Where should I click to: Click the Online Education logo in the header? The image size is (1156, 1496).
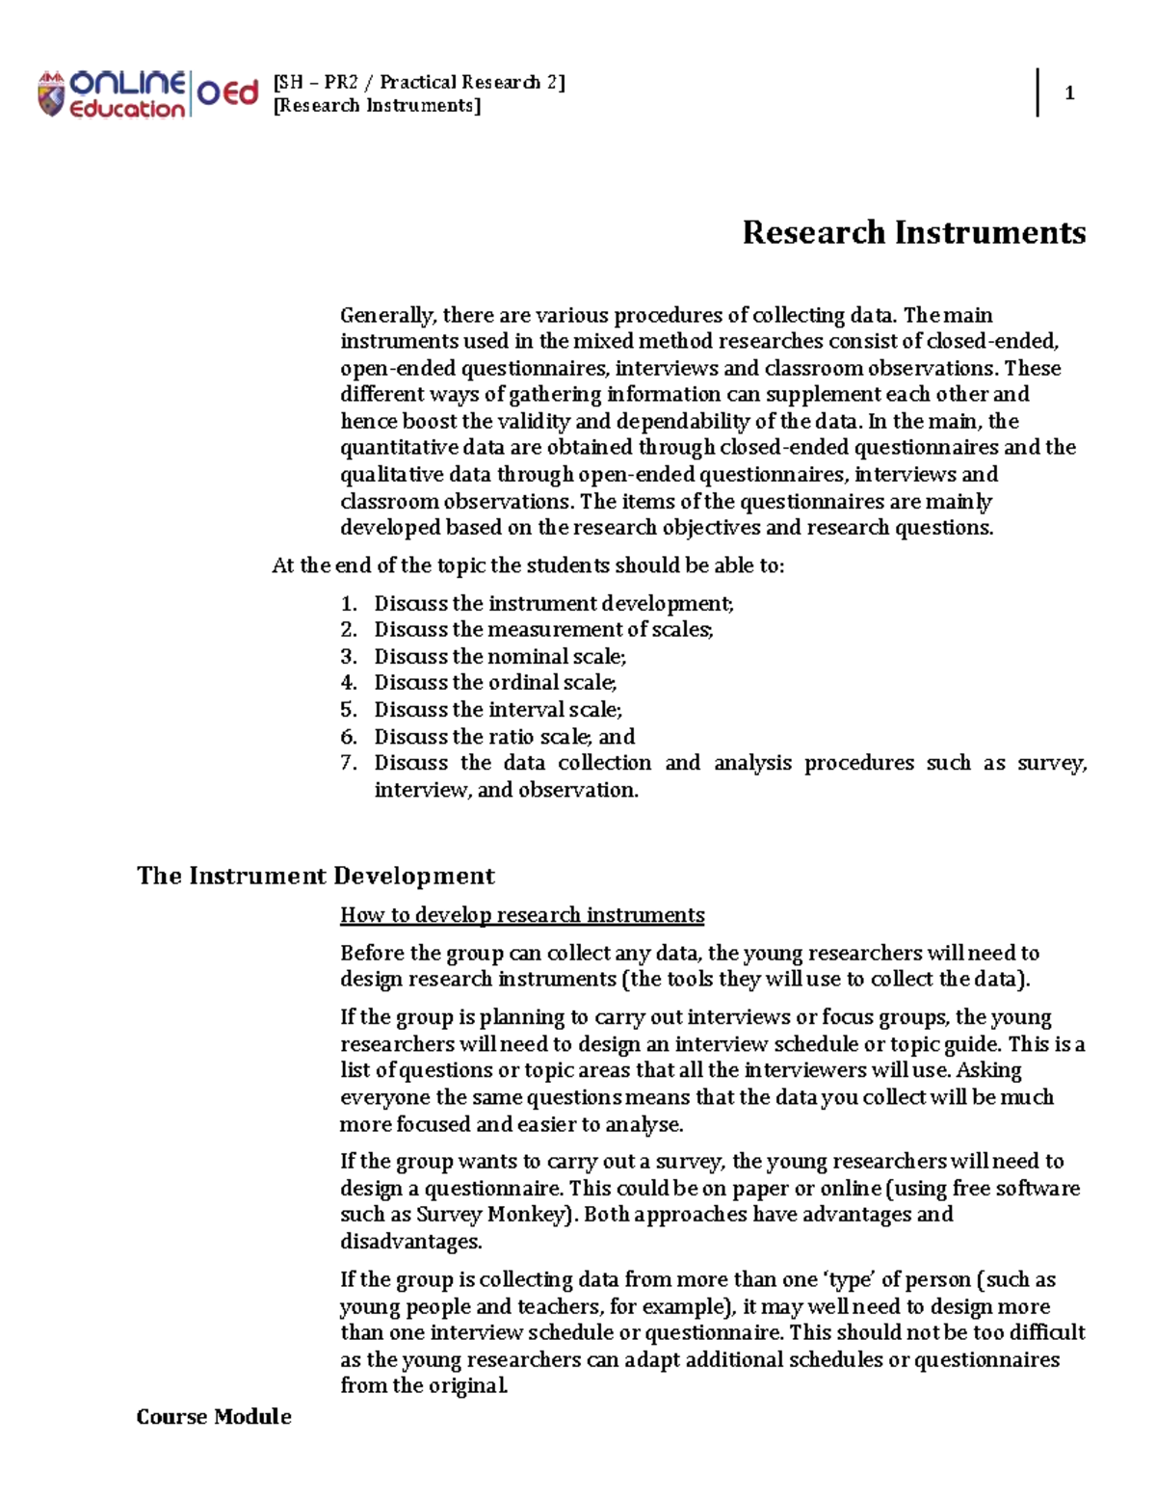coord(147,94)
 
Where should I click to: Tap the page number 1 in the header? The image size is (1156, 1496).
coord(1069,93)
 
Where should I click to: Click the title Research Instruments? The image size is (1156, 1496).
coord(913,232)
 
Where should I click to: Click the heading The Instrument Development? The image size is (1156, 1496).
coord(315,876)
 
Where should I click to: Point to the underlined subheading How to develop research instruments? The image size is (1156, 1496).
coord(522,915)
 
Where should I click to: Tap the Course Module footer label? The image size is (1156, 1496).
coord(214,1416)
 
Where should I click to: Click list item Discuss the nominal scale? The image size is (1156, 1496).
coord(500,656)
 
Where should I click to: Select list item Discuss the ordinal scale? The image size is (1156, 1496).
coord(495,683)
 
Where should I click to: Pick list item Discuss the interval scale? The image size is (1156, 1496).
coord(498,710)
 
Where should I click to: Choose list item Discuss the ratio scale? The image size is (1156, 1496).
coord(504,737)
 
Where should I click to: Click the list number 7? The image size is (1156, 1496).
coord(349,763)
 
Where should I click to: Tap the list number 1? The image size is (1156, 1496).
coord(349,604)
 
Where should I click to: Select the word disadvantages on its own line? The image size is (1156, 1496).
coord(411,1242)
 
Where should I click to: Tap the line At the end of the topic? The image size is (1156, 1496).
coord(528,565)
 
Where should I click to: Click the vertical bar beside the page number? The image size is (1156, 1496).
coord(1038,92)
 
